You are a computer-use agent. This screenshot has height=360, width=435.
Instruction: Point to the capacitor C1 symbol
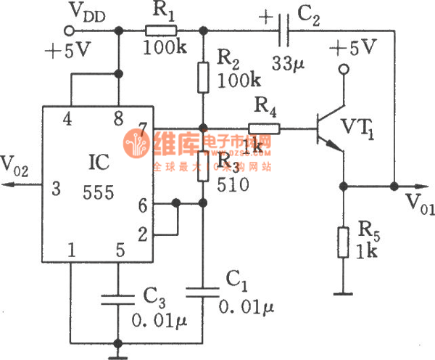coord(204,292)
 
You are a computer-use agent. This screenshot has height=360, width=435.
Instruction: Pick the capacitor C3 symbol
coord(117,298)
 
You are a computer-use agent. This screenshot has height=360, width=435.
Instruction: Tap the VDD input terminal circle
coord(70,30)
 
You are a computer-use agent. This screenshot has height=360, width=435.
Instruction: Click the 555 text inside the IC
coord(99,192)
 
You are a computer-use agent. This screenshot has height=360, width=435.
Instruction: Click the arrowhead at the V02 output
coord(6,186)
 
